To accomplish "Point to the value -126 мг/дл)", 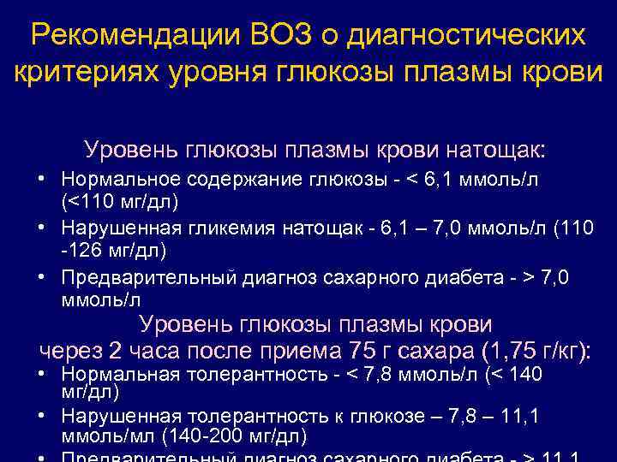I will tap(112, 251).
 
